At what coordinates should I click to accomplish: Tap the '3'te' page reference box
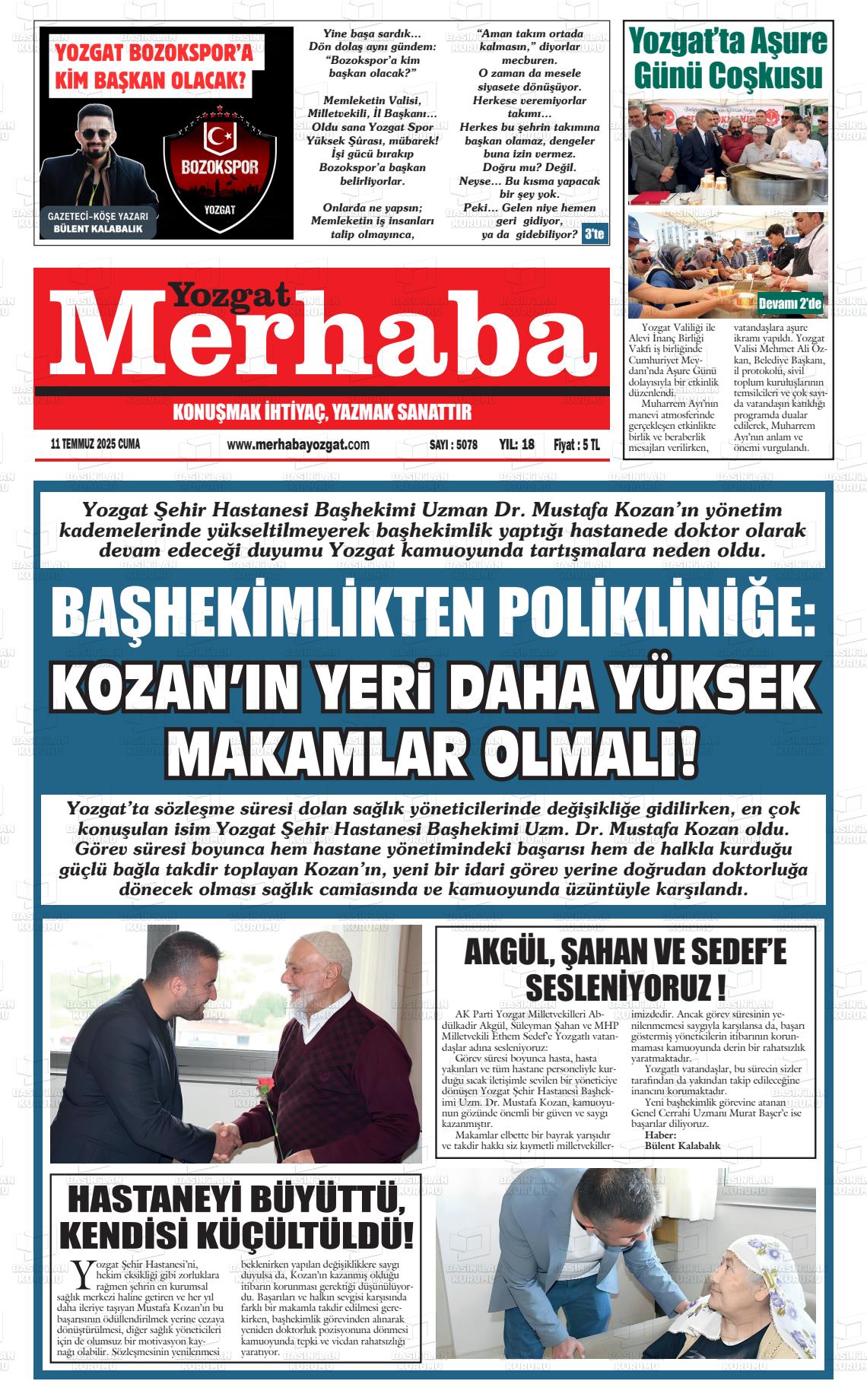(593, 234)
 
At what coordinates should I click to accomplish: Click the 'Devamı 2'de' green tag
(791, 305)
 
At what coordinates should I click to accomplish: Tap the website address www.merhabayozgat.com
(298, 445)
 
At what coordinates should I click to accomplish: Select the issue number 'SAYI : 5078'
(448, 445)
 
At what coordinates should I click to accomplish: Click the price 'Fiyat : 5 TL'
(576, 445)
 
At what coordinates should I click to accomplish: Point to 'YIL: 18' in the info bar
(517, 445)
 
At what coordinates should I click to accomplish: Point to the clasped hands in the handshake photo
(227, 1138)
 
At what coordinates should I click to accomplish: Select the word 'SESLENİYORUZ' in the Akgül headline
(615, 989)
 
